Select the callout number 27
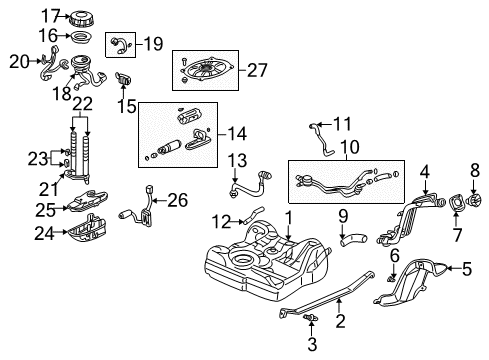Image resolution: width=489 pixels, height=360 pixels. coord(258,69)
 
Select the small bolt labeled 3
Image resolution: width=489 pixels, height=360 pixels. coord(313,319)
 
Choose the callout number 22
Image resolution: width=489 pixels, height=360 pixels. coord(83,104)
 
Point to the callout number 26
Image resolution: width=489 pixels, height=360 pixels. coord(178,200)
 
